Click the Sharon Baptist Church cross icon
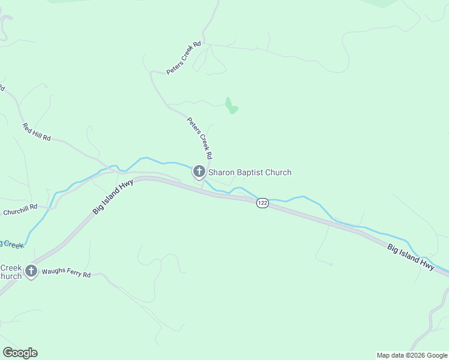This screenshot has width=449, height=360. (x=199, y=172)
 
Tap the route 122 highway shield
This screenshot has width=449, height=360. (x=262, y=203)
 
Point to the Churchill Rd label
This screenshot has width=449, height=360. (x=20, y=210)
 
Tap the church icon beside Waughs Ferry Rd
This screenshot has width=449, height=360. (x=31, y=271)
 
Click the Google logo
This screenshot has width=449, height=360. (x=20, y=353)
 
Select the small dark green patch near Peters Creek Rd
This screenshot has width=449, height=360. (x=231, y=106)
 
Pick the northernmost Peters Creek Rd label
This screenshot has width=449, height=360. (x=184, y=62)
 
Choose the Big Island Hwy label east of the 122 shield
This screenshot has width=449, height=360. (x=411, y=256)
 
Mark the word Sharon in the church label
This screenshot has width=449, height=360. (x=221, y=173)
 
